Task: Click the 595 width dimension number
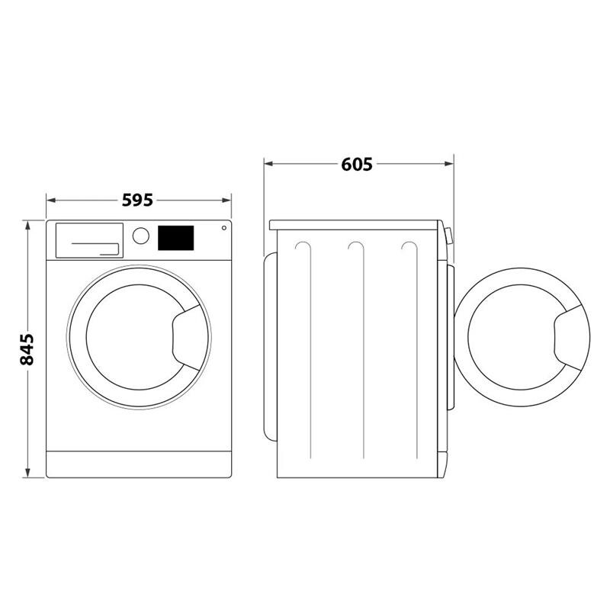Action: [138, 201]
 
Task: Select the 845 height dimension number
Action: [27, 348]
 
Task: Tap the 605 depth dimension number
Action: [357, 163]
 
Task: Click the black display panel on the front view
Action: [176, 238]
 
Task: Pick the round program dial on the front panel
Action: [140, 236]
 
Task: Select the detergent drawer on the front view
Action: [89, 239]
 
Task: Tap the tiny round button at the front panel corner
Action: [224, 226]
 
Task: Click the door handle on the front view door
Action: [187, 336]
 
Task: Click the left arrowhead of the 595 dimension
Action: [51, 201]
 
